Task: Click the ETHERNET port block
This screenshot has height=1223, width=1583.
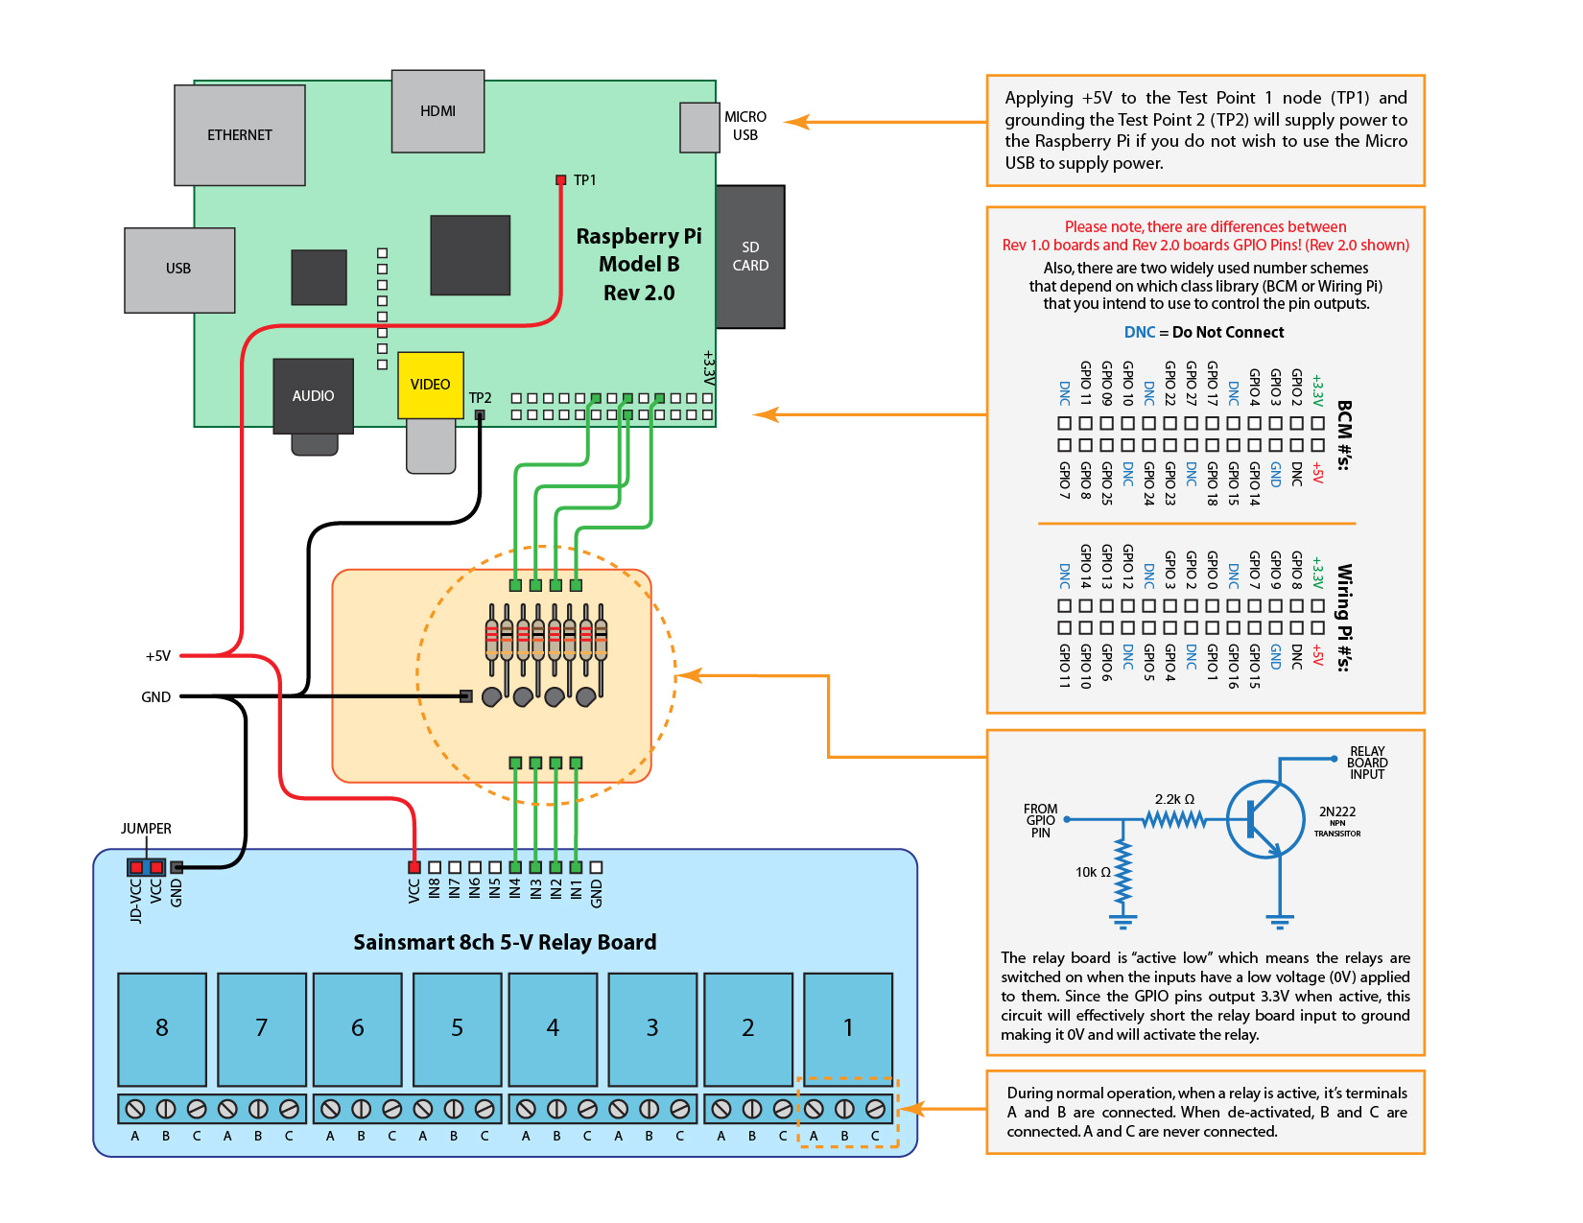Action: pos(239,135)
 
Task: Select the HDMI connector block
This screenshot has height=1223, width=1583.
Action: pos(437,111)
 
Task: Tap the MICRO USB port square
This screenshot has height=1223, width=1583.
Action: pos(699,128)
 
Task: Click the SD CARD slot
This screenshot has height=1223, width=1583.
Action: pos(749,257)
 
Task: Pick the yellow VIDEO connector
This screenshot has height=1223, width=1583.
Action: pos(430,385)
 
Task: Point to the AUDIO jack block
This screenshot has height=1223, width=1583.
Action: pos(313,395)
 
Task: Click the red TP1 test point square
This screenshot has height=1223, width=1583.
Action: pos(561,180)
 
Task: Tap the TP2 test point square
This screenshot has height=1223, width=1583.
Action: pos(480,415)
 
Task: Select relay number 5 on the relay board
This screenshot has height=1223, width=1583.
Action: pos(457,1028)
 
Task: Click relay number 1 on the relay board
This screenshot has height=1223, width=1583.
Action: pos(848,1028)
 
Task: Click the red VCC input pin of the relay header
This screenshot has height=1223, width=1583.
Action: pos(414,867)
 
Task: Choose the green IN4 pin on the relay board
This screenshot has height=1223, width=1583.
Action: pos(515,867)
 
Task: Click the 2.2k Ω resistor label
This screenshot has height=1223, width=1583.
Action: pos(1174,799)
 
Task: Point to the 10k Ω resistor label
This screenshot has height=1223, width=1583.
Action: pos(1093,872)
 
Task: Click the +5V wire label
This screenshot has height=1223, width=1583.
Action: pos(158,656)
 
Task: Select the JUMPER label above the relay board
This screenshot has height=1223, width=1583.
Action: pos(146,829)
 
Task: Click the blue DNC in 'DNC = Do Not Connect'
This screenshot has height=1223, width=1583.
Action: pos(1140,332)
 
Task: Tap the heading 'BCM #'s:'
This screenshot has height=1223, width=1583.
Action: pos(1344,435)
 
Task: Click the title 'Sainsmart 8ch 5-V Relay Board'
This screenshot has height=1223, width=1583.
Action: pos(505,942)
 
